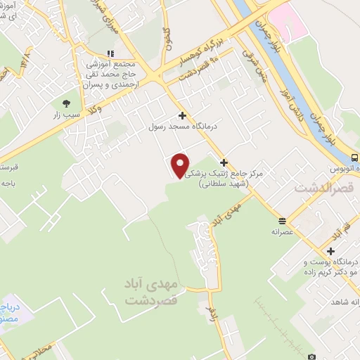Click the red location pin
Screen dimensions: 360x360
(x=181, y=165)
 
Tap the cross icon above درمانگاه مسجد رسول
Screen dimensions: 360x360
(x=183, y=116)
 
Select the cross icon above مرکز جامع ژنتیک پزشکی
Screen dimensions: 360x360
(x=224, y=162)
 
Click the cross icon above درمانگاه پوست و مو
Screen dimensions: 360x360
(x=330, y=251)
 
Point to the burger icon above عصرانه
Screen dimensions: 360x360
(x=282, y=219)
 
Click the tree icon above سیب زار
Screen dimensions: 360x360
(x=67, y=103)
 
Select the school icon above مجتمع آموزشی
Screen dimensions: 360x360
(x=110, y=53)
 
